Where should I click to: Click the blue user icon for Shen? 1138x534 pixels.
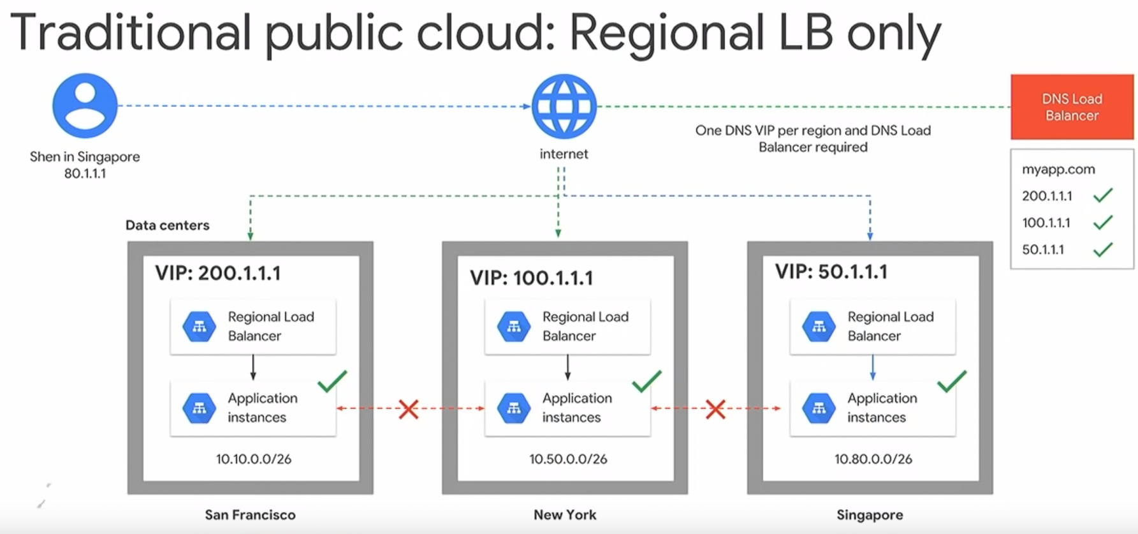coord(85,105)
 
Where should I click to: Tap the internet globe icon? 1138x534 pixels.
coord(564,107)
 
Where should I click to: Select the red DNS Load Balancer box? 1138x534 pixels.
coord(1072,107)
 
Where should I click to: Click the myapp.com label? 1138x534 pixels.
coord(1058,170)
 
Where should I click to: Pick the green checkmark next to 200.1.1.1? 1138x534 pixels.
coord(1103,195)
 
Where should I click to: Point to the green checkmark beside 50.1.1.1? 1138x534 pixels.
coord(1103,249)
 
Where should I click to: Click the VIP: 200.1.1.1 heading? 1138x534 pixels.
coord(218,273)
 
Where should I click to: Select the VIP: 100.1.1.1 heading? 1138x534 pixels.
coord(532,278)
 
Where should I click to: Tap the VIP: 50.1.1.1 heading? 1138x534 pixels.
coord(831,272)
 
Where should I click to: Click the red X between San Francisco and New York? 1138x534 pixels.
coord(409,409)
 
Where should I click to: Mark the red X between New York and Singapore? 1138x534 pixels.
coord(715,409)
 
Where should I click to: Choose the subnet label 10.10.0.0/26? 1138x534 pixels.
coord(254,459)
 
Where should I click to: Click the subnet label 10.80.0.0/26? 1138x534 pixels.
coord(873,459)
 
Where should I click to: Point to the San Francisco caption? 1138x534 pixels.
coord(250,515)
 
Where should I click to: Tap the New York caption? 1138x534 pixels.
coord(565,515)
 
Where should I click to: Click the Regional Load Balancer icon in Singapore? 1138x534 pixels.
coord(819,327)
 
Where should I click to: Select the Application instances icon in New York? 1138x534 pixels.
coord(514,408)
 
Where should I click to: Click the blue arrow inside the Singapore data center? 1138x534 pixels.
coord(873,367)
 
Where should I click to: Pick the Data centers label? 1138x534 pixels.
coord(167,225)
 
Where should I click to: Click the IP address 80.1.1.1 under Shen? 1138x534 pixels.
coord(85,174)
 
